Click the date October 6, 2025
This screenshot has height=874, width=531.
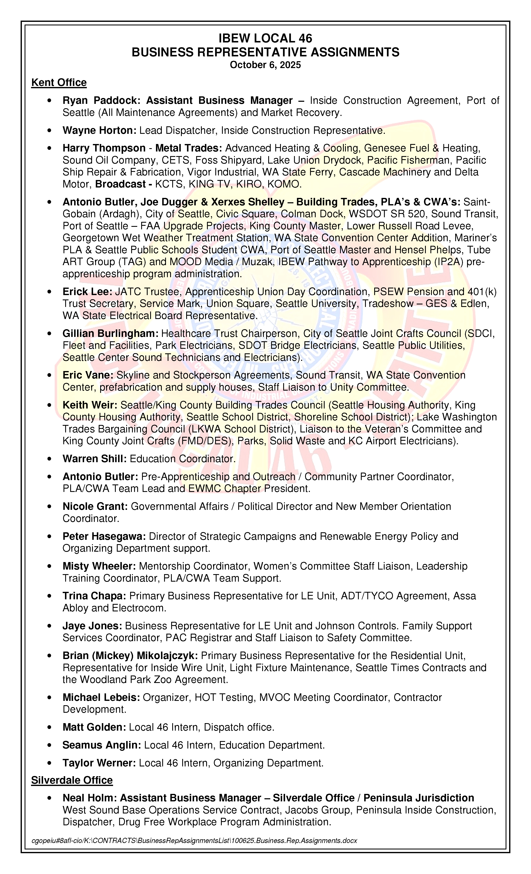(x=265, y=65)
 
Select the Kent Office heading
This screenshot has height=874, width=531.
(x=59, y=82)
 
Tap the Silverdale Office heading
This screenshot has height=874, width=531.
(x=72, y=780)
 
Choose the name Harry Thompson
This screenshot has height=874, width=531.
(x=104, y=148)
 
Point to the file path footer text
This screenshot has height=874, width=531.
(x=194, y=840)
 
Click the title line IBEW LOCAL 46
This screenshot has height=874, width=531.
(x=265, y=38)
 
